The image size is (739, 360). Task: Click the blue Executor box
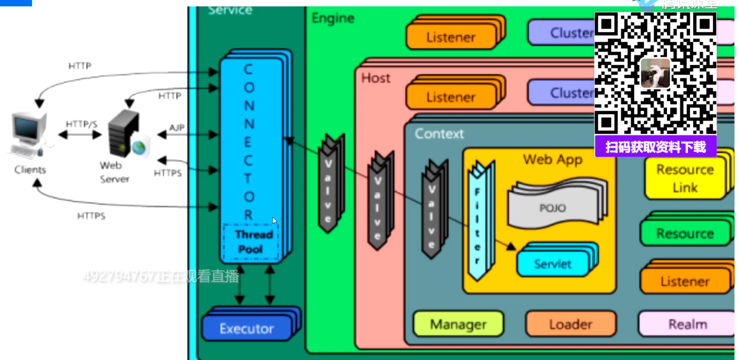coord(247,328)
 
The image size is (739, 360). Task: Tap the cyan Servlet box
coord(553,264)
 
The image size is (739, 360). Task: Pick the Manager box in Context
coord(458,324)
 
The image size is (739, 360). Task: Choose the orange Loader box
coord(570,324)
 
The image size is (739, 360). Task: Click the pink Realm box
coord(687,324)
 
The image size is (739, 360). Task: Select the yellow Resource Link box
coord(685,178)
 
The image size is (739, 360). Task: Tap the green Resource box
coord(684,233)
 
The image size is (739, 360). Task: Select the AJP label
coord(177,128)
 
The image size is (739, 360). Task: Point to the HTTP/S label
coord(81,124)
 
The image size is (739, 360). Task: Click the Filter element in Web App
coord(477,221)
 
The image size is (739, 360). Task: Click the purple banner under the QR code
coord(655,147)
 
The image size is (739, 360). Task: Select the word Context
coord(439,134)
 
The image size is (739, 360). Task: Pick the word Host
coord(376,78)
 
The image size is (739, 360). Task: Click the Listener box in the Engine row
coord(450,37)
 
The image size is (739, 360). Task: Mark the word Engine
coord(332,19)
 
